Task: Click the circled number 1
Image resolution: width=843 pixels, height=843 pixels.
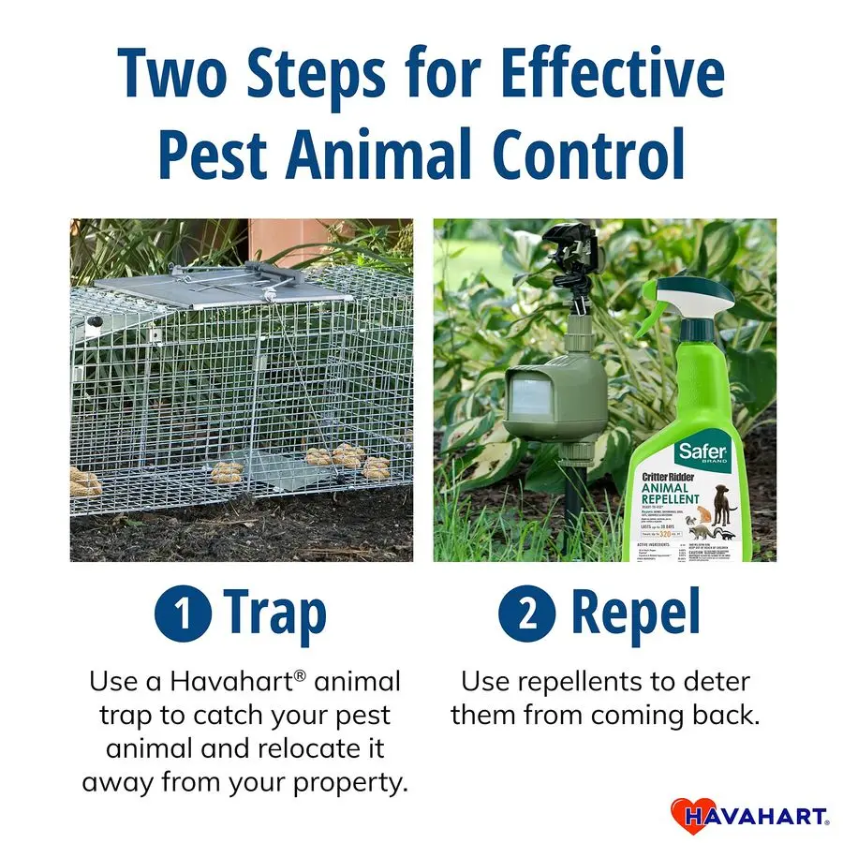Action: tap(183, 614)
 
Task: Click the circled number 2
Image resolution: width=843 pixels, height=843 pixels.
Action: tap(526, 614)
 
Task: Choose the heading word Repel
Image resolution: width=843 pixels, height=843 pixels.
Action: tap(636, 614)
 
